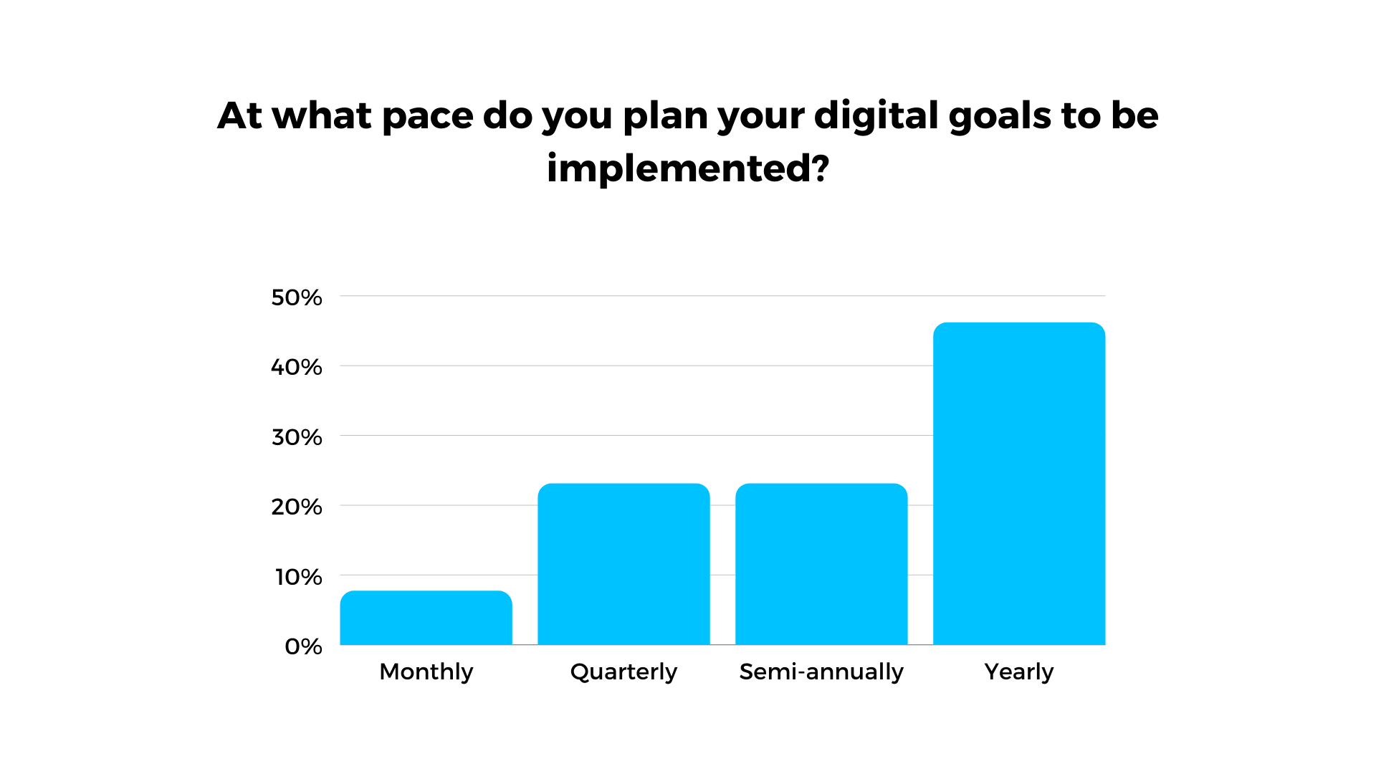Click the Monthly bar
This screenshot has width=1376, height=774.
[x=426, y=618]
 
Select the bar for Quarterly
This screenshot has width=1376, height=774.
[x=623, y=564]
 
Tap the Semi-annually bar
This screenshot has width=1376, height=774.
[x=821, y=564]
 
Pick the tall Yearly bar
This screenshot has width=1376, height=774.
[x=1019, y=484]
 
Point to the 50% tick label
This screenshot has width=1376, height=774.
[x=297, y=297]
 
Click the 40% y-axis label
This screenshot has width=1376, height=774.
[x=297, y=367]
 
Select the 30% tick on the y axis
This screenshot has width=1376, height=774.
[x=297, y=437]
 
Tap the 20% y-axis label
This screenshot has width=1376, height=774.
[x=297, y=507]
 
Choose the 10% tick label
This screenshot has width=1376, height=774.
[x=299, y=577]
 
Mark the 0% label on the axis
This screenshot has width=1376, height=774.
[x=303, y=646]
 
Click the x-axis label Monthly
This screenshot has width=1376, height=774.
[x=426, y=672]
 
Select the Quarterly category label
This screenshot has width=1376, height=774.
[x=623, y=672]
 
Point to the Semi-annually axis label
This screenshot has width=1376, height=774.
[x=821, y=672]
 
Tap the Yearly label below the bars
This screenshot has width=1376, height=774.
[x=1019, y=672]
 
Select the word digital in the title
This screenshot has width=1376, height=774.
[x=876, y=115]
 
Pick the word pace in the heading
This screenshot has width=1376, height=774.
[x=428, y=118]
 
